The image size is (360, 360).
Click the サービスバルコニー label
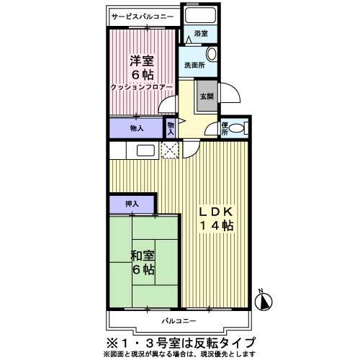click(x=143, y=14)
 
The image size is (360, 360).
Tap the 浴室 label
click(x=201, y=34)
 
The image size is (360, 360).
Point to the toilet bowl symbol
click(x=240, y=128)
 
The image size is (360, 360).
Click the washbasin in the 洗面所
click(x=212, y=55)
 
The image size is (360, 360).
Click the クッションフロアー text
click(x=143, y=87)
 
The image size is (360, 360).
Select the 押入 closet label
click(x=132, y=204)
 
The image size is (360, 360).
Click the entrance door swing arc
click(x=229, y=95)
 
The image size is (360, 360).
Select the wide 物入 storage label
click(x=136, y=128)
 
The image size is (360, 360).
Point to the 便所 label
click(x=224, y=128)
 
